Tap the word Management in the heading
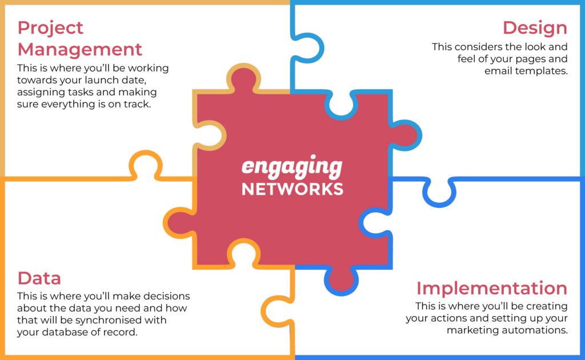(80, 49)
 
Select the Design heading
(535, 28)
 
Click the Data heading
(39, 278)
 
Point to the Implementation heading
(492, 289)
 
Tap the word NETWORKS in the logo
(292, 189)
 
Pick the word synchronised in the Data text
(121, 320)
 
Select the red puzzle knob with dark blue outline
(341, 279)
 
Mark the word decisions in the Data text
(167, 296)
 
